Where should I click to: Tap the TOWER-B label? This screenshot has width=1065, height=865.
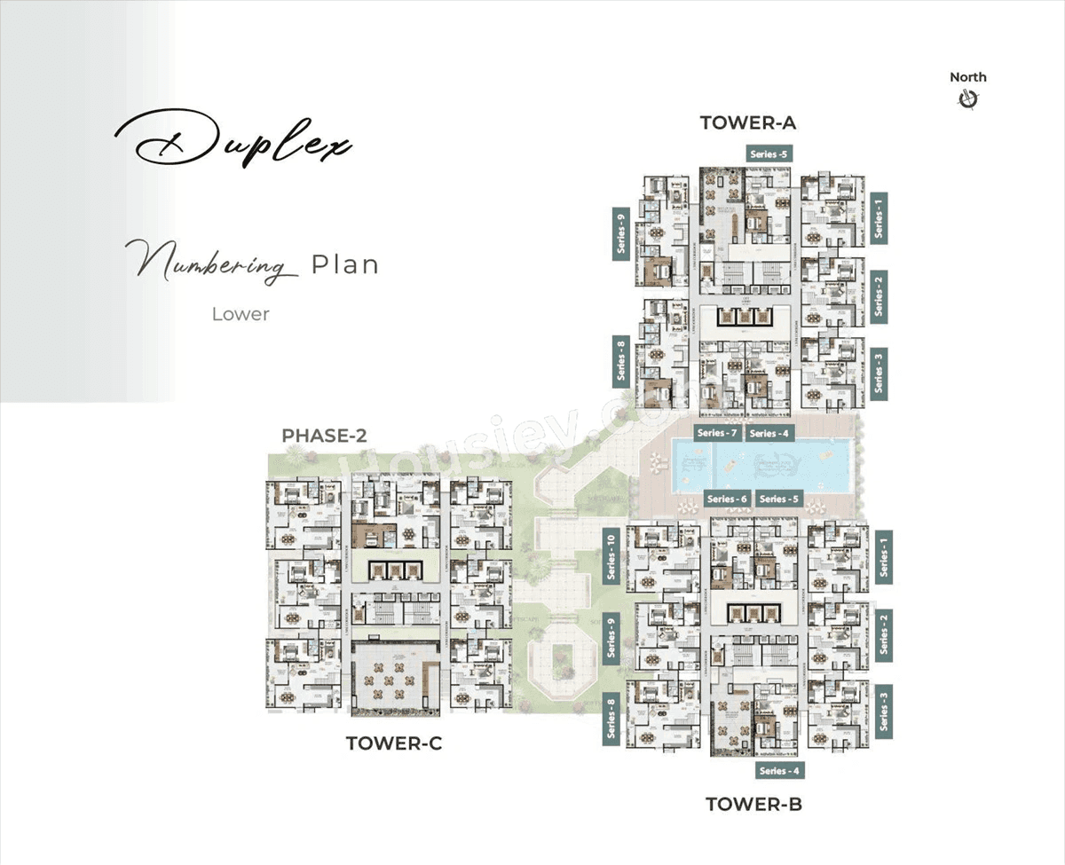pyautogui.click(x=753, y=805)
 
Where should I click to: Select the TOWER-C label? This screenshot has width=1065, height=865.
pyautogui.click(x=394, y=743)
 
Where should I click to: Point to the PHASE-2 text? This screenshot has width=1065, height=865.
pyautogui.click(x=324, y=436)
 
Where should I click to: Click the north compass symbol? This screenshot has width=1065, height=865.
pyautogui.click(x=967, y=99)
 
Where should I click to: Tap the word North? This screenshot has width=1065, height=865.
pyautogui.click(x=967, y=77)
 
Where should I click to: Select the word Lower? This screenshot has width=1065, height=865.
pyautogui.click(x=241, y=314)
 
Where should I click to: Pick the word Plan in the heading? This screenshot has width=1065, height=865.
pyautogui.click(x=344, y=264)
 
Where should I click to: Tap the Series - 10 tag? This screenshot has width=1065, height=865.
pyautogui.click(x=611, y=557)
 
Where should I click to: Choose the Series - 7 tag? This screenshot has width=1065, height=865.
pyautogui.click(x=717, y=433)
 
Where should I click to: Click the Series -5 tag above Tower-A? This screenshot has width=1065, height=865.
pyautogui.click(x=769, y=153)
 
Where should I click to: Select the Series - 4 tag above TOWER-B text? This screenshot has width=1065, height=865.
pyautogui.click(x=780, y=770)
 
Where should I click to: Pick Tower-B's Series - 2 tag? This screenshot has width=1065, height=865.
pyautogui.click(x=883, y=633)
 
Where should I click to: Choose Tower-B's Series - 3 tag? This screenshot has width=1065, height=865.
pyautogui.click(x=883, y=712)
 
